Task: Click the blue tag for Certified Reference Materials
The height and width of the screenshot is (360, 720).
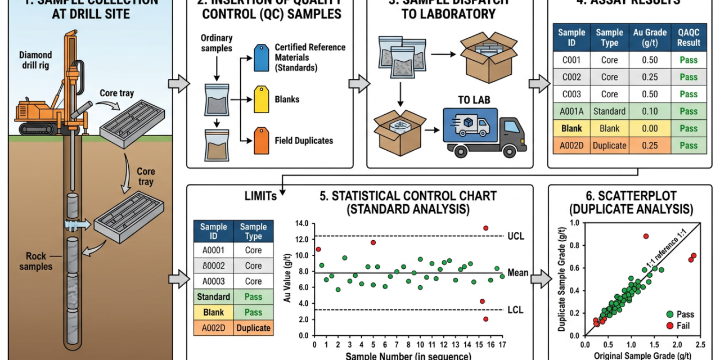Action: click(262, 58)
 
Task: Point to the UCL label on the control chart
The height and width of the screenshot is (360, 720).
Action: click(515, 236)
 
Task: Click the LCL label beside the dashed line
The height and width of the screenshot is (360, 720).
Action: click(515, 310)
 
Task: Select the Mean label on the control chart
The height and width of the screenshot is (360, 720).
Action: click(517, 273)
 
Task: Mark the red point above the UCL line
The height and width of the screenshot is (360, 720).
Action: click(486, 228)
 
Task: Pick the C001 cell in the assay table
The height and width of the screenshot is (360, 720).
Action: click(571, 60)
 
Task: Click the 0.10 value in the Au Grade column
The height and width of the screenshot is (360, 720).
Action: click(649, 111)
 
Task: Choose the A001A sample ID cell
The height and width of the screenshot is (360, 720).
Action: click(571, 111)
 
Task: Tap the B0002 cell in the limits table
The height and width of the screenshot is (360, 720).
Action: click(213, 265)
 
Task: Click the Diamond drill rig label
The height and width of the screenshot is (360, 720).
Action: click(35, 60)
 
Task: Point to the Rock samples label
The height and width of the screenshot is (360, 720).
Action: click(36, 261)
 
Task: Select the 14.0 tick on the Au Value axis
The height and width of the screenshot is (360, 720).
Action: click(301, 223)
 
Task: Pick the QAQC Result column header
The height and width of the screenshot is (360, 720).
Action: click(688, 38)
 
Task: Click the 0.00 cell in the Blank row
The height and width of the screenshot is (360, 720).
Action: click(649, 128)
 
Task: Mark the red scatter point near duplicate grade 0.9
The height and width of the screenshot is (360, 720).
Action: click(646, 236)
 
